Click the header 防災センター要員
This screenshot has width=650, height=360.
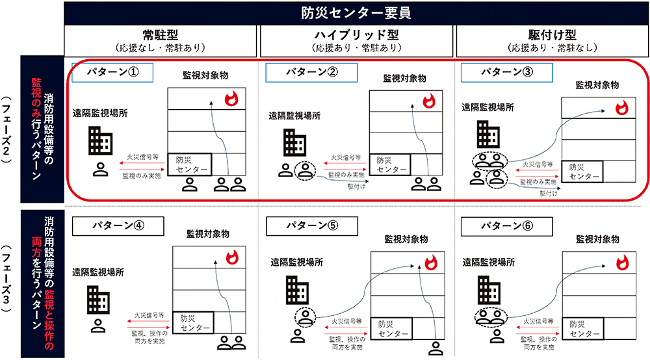pos(356,13)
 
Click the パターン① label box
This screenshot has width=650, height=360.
pos(112,72)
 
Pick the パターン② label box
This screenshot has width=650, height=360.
pos(309,72)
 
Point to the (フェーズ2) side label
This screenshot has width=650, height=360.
pos(8,135)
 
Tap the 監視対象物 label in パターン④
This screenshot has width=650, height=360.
pos(209,233)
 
